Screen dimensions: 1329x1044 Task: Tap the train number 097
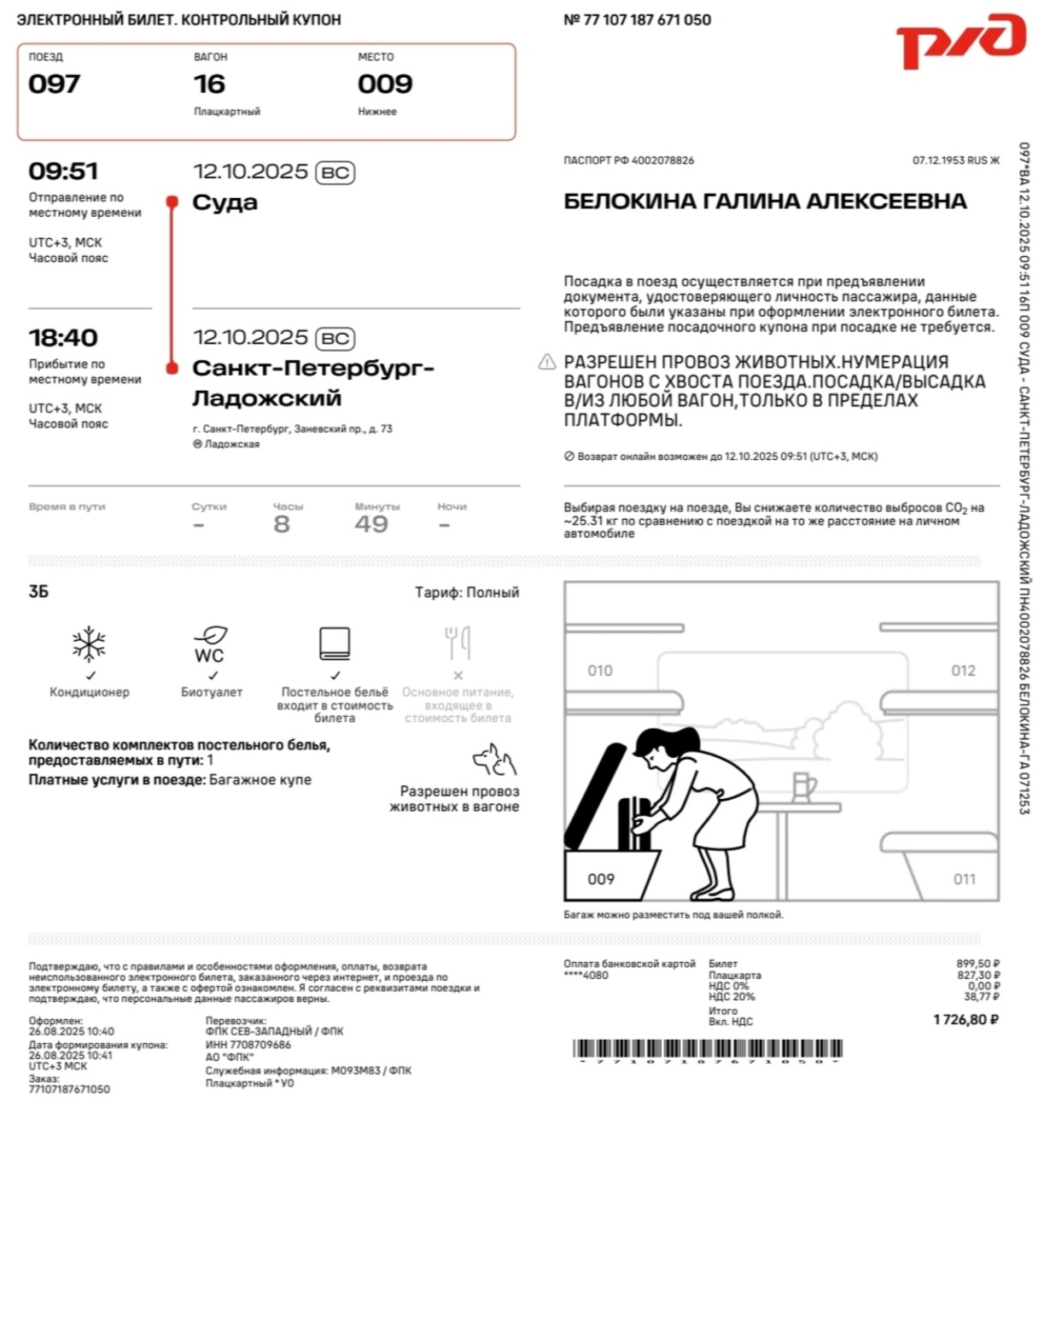[55, 84]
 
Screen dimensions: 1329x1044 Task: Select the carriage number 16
[209, 84]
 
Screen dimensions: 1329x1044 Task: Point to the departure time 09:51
[63, 172]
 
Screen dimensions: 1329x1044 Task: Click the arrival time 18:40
[63, 338]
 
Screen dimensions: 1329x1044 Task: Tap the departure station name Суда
[225, 203]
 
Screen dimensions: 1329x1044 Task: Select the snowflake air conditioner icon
[89, 644]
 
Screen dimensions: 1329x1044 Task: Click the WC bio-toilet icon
[210, 644]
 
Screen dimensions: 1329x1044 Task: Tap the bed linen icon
[335, 644]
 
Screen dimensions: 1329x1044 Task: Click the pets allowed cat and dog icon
[494, 759]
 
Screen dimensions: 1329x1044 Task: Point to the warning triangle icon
[547, 363]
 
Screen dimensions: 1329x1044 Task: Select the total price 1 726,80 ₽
[965, 1019]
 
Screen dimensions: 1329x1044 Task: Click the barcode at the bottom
[708, 1049]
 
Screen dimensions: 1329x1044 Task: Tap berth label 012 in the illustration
[963, 671]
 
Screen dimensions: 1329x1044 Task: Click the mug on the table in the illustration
[803, 786]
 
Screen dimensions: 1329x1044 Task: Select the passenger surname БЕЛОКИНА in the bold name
[629, 201]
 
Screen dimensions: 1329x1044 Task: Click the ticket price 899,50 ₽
[977, 964]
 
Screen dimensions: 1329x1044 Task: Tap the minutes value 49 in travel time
[371, 524]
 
